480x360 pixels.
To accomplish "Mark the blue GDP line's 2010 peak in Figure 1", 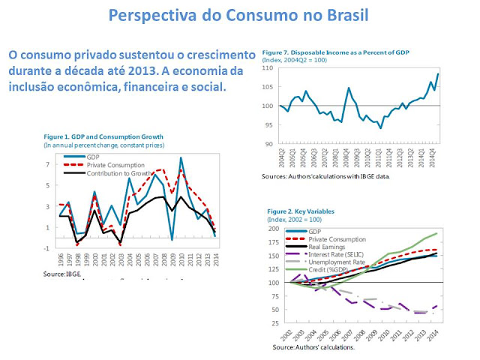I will point(181,158).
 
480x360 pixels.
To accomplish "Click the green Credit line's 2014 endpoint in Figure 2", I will point(438,233).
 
